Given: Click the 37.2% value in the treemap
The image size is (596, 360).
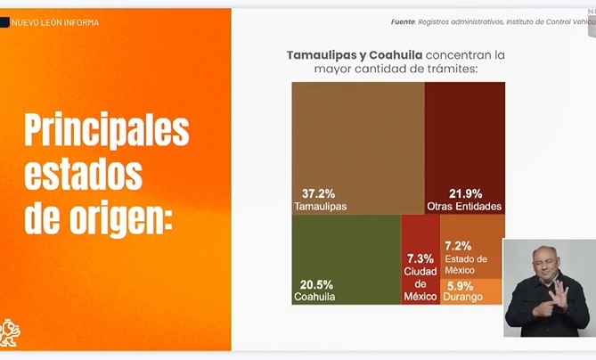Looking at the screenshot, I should pos(308,193).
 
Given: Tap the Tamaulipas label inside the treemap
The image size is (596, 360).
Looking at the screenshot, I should pos(320,206).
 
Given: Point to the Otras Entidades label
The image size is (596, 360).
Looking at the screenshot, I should pos(464,206).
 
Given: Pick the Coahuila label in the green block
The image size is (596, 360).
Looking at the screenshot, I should pos(314,296).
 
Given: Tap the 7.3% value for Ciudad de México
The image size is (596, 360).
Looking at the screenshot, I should pos(420,258).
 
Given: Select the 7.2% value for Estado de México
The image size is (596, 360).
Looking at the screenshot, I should pos(457,246).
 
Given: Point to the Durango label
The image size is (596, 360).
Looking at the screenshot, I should pos(464,296).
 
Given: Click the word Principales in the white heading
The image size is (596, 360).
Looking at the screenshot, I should pos(106,131).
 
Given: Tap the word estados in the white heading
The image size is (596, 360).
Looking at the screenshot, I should pos(83,174).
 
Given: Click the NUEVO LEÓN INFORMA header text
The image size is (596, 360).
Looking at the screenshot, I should pos(55,22).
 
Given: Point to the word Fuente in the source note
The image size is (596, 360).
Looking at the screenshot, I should pos(406,22).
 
